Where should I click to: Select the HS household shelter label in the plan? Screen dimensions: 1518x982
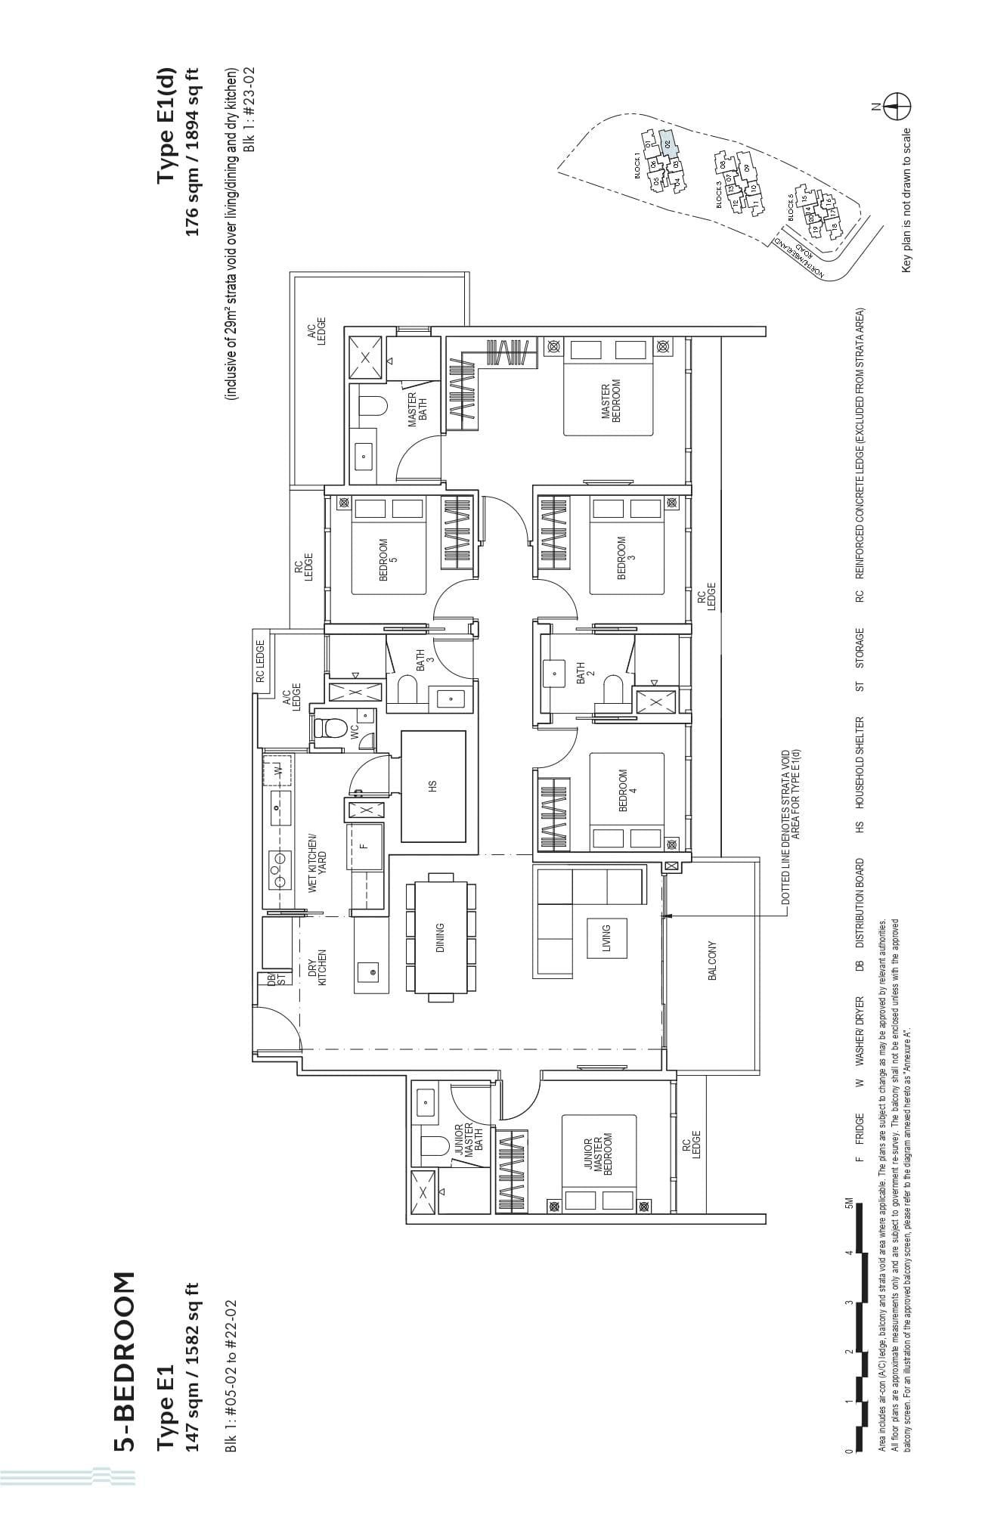tap(432, 785)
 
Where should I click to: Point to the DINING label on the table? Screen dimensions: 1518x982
tap(440, 937)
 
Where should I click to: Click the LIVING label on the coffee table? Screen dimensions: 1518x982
tap(606, 938)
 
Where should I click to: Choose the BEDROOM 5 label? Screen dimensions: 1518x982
tap(388, 559)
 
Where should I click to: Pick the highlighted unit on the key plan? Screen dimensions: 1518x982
tap(666, 141)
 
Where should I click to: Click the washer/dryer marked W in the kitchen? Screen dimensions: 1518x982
tap(277, 770)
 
